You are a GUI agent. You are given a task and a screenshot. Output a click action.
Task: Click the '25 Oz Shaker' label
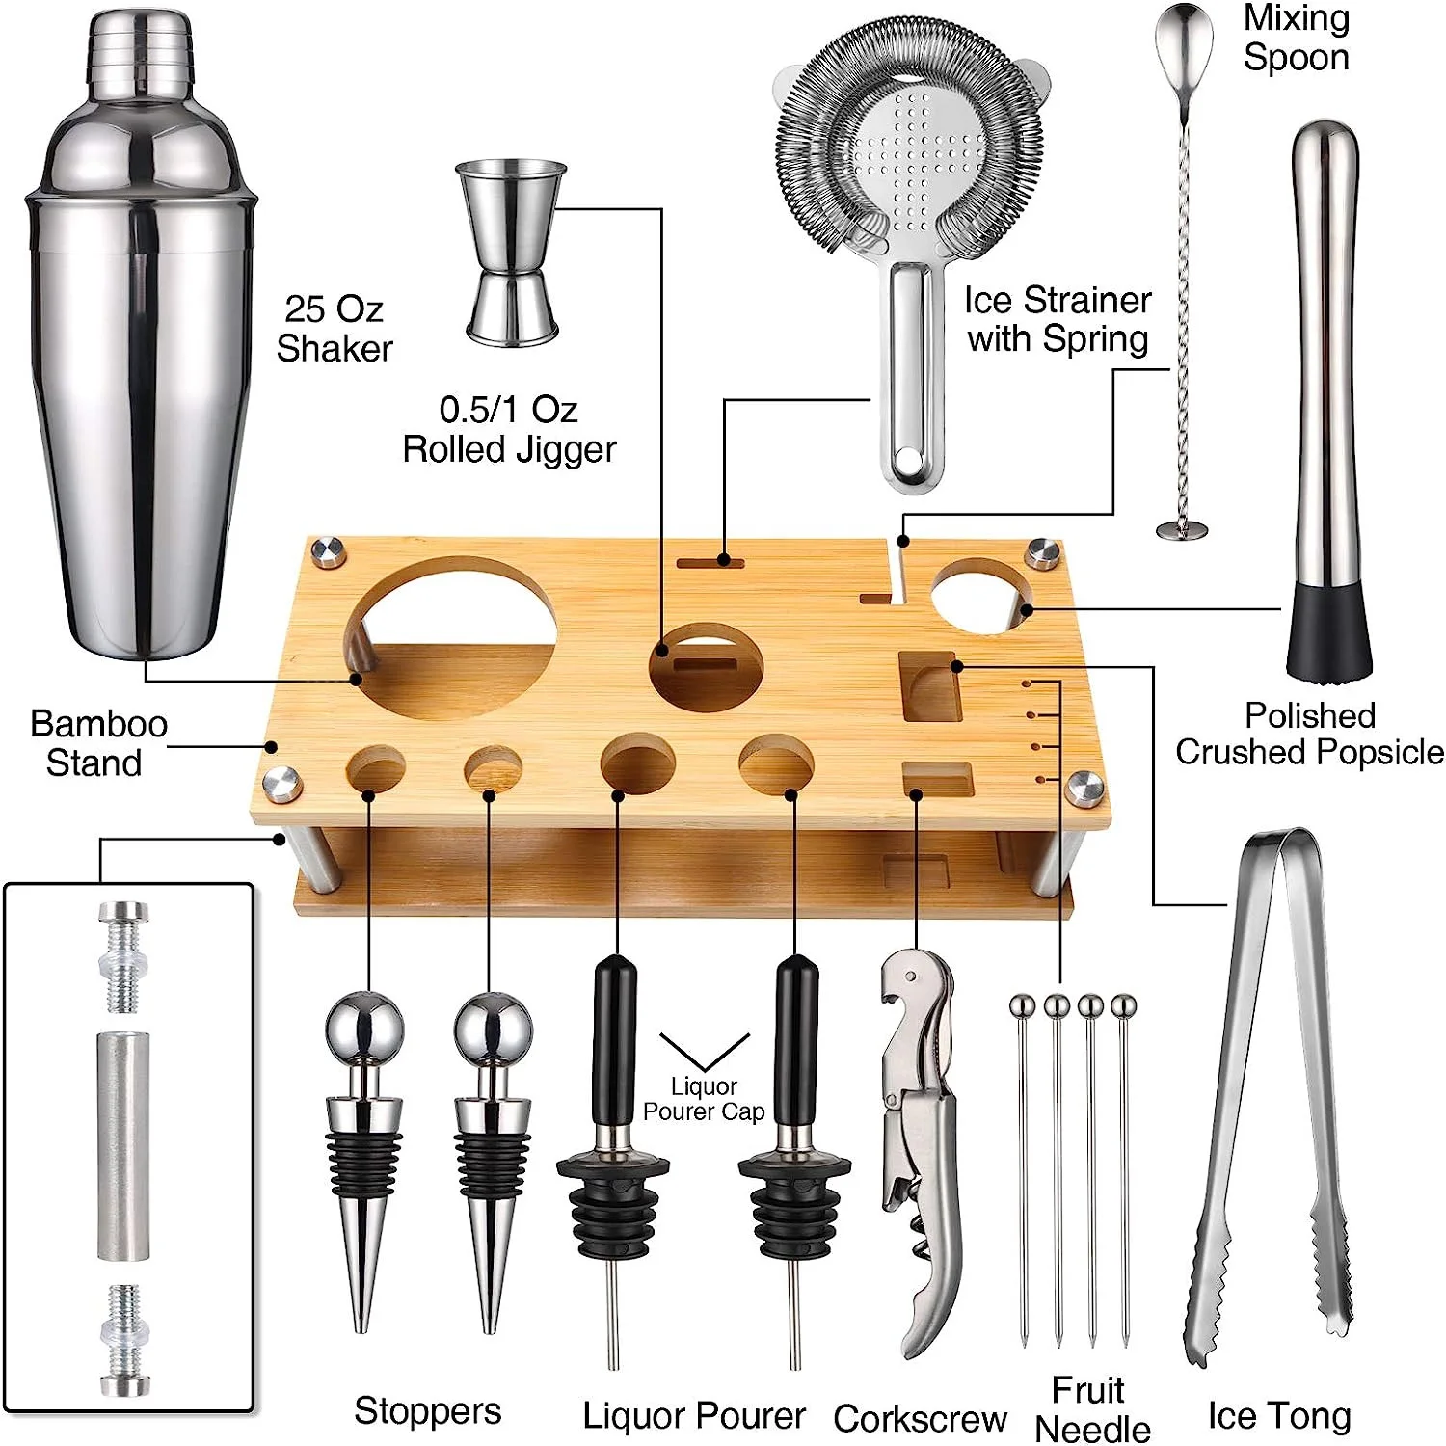tap(334, 329)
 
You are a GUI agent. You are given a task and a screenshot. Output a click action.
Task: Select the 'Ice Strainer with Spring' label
tap(1058, 319)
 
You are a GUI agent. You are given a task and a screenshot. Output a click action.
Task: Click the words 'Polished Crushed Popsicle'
tap(1308, 734)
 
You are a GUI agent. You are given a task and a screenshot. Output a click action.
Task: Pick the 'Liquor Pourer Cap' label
tap(704, 1099)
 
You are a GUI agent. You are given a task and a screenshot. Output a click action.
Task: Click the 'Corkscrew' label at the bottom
tap(920, 1418)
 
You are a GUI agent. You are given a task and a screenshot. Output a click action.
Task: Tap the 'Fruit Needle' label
tap(1090, 1408)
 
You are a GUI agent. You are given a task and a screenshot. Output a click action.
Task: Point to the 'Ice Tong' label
tap(1278, 1415)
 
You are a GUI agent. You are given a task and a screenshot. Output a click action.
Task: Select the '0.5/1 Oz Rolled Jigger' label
tap(509, 429)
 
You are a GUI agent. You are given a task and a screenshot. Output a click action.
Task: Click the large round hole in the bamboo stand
tap(451, 627)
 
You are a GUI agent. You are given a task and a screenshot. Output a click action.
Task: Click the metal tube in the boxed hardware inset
tap(122, 1146)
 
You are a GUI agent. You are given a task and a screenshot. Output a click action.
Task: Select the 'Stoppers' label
tap(427, 1411)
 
